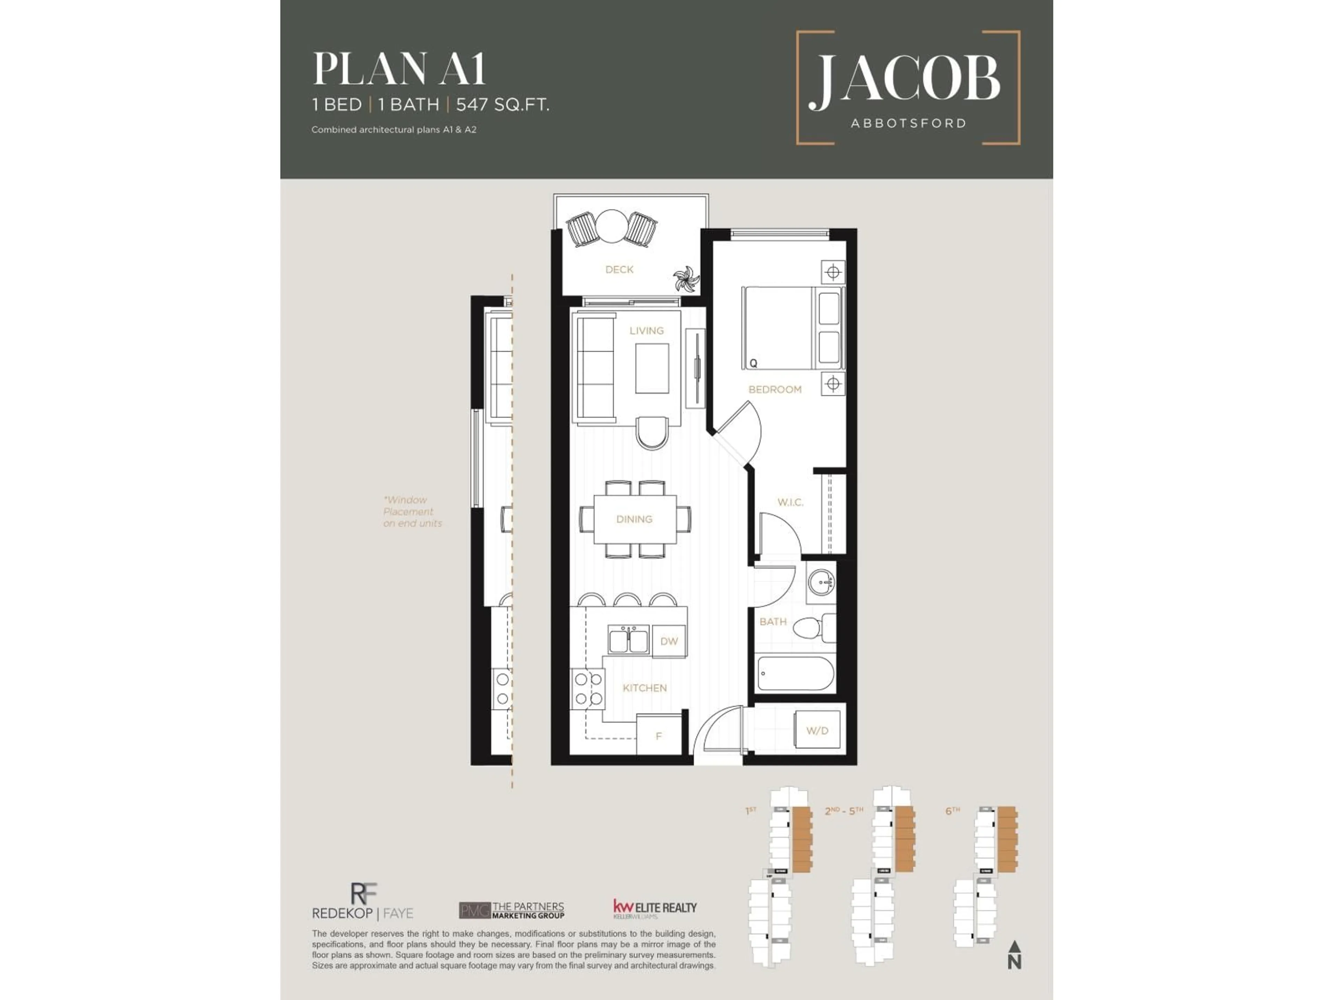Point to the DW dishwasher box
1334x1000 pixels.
pos(669,641)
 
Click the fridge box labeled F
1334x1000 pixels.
pos(659,735)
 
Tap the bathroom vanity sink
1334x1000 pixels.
pos(821,583)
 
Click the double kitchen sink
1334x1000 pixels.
pos(628,640)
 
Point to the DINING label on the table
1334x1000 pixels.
pos(634,519)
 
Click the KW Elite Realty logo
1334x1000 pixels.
pos(654,908)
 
